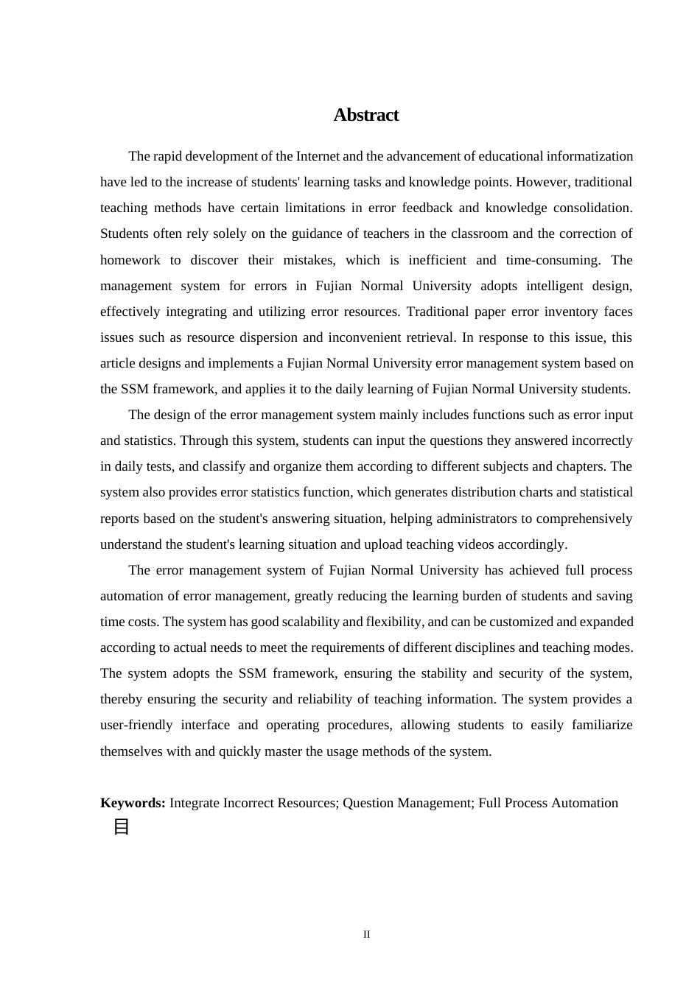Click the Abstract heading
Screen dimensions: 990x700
[x=365, y=115]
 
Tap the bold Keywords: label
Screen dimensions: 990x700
[x=133, y=803]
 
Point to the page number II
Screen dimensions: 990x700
[x=366, y=935]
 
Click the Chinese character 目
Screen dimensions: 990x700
[x=122, y=826]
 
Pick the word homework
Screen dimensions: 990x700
[x=130, y=260]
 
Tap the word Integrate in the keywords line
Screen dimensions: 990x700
[x=195, y=803]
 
